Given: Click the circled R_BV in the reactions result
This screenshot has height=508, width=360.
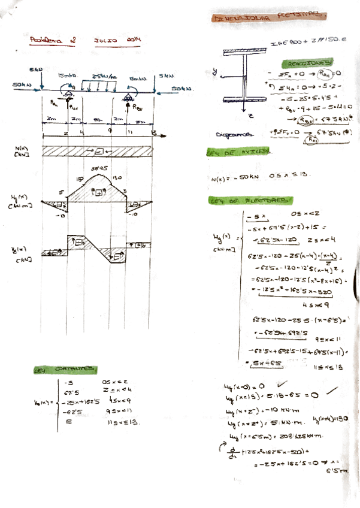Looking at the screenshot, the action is (307, 119).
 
